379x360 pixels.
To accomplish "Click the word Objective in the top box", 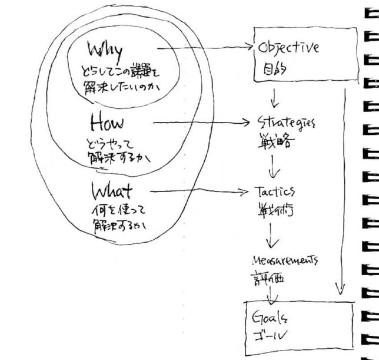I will pos(288,48).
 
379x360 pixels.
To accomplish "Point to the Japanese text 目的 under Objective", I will pos(271,69).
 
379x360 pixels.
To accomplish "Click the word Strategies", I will pos(286,124).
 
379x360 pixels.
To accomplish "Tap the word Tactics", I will pos(275,193).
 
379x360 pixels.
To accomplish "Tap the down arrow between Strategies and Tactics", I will pos(272,168).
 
